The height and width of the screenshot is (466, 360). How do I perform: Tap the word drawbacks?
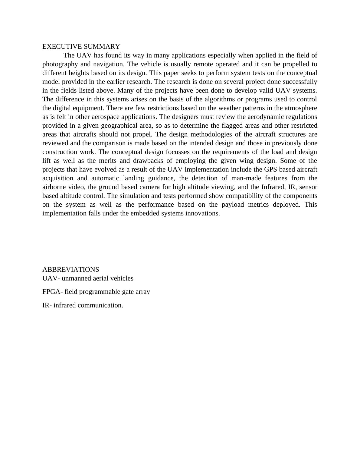pos(149,161)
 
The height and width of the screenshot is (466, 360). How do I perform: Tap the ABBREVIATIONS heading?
pos(71,270)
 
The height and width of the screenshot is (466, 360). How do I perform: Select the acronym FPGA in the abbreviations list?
pos(52,292)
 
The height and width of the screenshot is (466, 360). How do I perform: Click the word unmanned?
pos(75,278)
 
